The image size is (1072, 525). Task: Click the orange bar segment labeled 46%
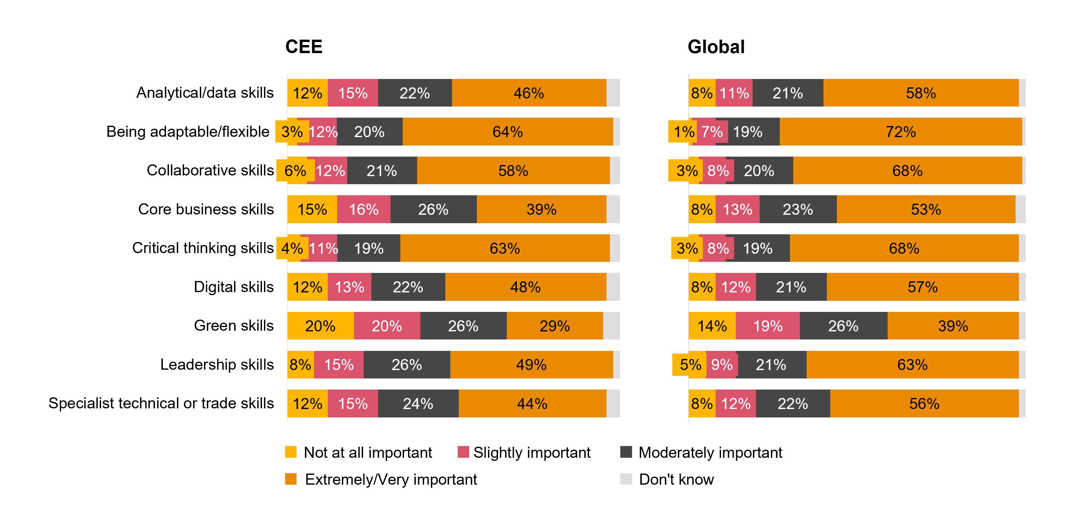[529, 93]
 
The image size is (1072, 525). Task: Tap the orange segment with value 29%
[554, 326]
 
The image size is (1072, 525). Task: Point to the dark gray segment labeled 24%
[418, 403]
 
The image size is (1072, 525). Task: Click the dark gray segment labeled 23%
[798, 209]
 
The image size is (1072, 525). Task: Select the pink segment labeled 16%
[363, 209]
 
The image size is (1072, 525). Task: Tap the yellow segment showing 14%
[712, 326]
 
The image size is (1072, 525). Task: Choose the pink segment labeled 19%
[767, 326]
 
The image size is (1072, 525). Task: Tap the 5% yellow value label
[690, 365]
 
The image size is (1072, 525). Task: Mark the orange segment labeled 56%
[924, 403]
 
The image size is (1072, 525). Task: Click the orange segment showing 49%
[531, 365]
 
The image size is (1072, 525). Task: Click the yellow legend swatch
[291, 452]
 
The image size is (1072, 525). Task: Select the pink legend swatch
[463, 452]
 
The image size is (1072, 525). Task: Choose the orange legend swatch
[291, 479]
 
